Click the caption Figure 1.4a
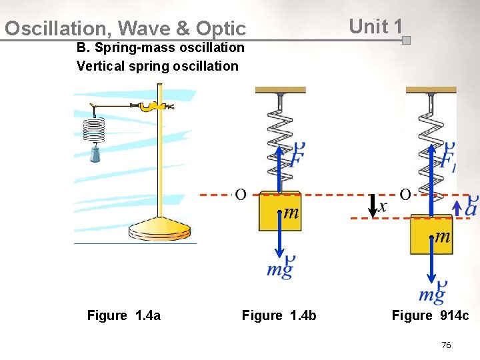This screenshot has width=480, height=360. click(x=124, y=315)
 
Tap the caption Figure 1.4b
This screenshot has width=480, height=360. click(x=279, y=315)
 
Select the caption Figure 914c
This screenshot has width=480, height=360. click(x=430, y=315)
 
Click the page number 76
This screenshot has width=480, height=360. click(x=446, y=345)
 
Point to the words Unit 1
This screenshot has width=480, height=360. click(x=375, y=27)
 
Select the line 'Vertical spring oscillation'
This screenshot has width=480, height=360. click(x=157, y=66)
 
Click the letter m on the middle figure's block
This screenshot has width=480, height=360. click(x=291, y=213)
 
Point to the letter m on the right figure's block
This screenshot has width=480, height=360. click(x=442, y=237)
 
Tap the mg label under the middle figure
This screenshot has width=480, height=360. click(x=281, y=268)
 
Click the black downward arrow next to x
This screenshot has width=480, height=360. click(x=372, y=206)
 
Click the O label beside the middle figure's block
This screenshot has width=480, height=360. click(x=240, y=195)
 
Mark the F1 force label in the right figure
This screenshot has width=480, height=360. click(x=448, y=159)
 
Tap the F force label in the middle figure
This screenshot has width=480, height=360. click(x=298, y=157)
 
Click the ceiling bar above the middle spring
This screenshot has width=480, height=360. click(x=280, y=90)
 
